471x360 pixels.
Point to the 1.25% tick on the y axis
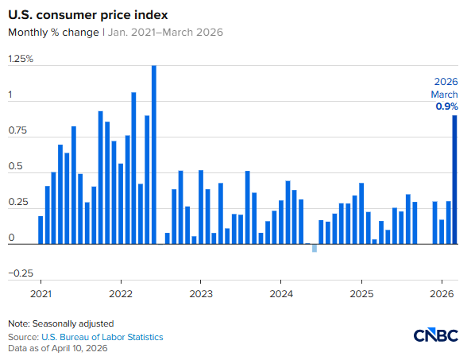(21, 59)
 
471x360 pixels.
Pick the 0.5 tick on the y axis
(16, 167)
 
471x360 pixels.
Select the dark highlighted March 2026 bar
(455, 180)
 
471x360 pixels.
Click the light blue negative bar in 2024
(315, 249)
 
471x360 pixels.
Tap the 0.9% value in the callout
(446, 106)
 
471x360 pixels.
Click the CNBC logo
(435, 335)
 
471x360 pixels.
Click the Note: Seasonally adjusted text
(61, 324)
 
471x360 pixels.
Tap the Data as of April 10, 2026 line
(58, 349)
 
